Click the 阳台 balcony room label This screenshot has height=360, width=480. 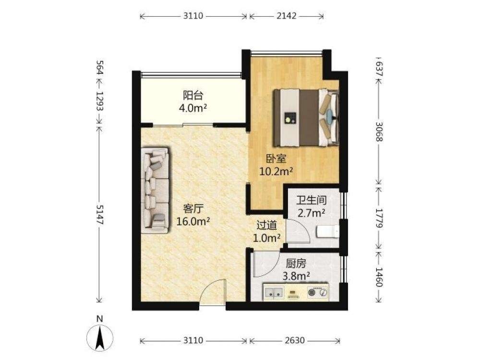click(193, 96)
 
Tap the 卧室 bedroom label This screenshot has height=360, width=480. click(276, 159)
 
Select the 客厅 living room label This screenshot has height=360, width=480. click(193, 209)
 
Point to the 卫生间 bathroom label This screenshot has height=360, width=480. click(312, 201)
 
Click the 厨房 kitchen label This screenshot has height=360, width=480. click(296, 264)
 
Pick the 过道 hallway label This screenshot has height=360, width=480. click(266, 225)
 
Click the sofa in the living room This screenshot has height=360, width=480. click(155, 191)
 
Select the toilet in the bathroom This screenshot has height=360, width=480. click(327, 231)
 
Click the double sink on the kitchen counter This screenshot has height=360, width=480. click(274, 293)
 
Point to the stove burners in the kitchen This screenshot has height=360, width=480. click(317, 293)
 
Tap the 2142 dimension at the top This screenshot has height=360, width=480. click(287, 16)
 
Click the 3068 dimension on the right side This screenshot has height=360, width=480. click(379, 132)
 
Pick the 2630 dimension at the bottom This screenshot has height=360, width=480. click(295, 340)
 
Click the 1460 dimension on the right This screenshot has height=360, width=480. click(379, 277)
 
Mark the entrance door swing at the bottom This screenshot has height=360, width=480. click(212, 292)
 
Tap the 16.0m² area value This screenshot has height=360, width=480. click(193, 221)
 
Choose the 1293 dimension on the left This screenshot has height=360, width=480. click(100, 101)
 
